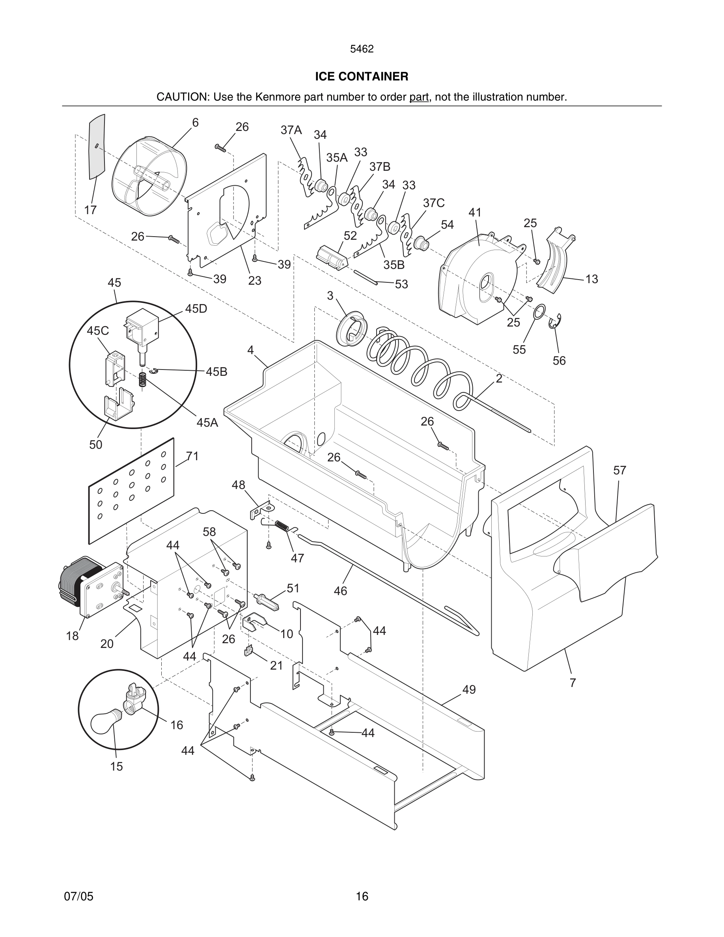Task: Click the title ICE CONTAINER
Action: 362,77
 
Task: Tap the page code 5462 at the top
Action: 362,49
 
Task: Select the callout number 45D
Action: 196,309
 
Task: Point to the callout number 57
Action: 620,470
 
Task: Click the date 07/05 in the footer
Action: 78,896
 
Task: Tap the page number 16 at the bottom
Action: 362,896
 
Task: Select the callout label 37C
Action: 434,203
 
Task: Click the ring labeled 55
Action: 539,312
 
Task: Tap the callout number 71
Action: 192,457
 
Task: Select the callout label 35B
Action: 394,265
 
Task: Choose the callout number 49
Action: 469,689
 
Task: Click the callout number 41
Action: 475,213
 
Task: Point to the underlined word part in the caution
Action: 419,97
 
